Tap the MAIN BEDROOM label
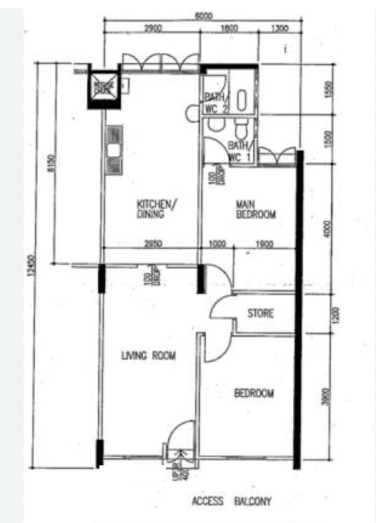click(x=255, y=210)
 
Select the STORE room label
click(x=261, y=313)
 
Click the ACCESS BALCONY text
click(x=231, y=501)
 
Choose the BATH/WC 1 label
click(x=240, y=151)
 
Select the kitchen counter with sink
click(x=114, y=150)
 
